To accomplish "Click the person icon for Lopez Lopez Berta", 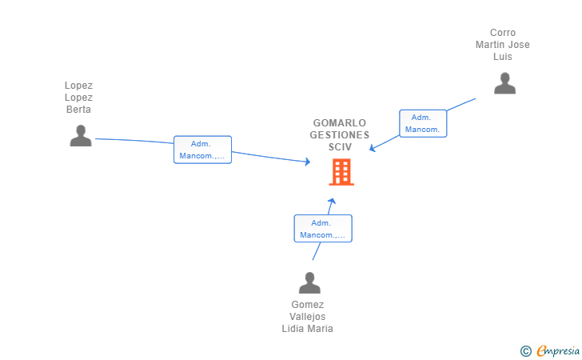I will pos(80,135).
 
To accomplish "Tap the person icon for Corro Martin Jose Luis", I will pos(504,83).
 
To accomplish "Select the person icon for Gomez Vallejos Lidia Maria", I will pos(309,282).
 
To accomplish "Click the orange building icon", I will pos(341,172).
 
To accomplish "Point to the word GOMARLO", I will pos(339,123).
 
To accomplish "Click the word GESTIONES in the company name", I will pos(339,135).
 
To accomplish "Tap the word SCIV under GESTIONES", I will pos(339,147).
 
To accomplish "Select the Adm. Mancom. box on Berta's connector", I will pos(202,150).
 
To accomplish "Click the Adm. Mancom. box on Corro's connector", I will pos(423,123).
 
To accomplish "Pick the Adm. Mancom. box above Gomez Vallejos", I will pos(323,229).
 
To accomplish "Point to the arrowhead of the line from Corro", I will pos(373,148).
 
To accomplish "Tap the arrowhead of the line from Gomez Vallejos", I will pos(332,202).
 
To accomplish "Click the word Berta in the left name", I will pos(78,110).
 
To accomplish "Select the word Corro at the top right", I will pos(503,33).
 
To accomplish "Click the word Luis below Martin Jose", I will pos(503,57).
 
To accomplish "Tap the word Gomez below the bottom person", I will pos(308,305).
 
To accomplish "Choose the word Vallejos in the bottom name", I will pos(308,317).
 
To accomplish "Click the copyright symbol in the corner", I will pos(525,350).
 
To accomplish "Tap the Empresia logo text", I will pos(558,350).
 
